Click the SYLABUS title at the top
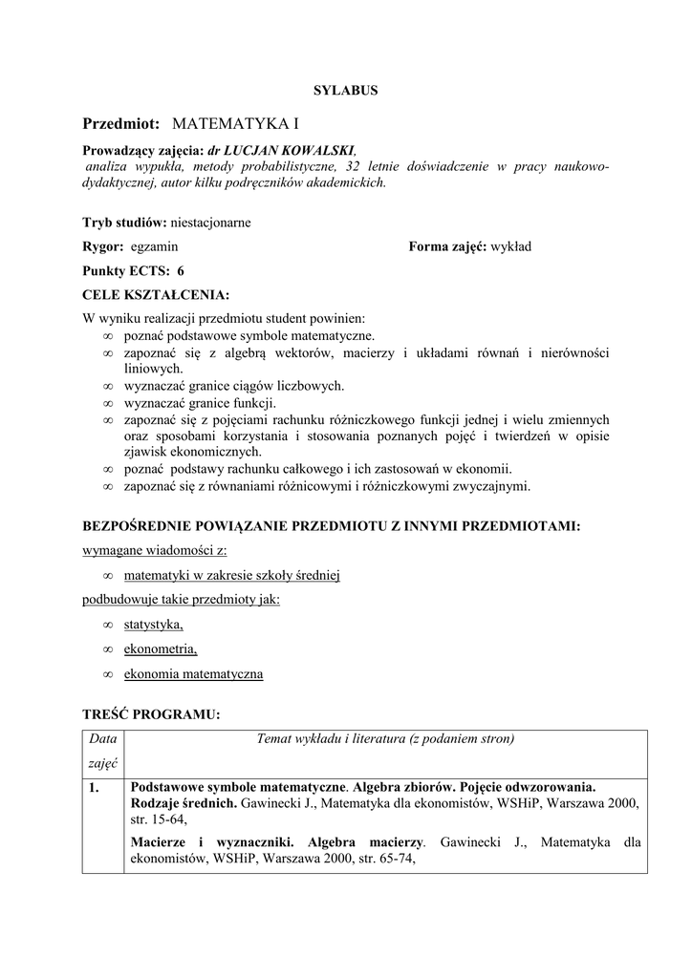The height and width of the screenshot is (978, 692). (x=345, y=91)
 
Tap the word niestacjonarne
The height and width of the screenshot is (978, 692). (x=209, y=223)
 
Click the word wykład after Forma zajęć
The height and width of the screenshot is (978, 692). (x=510, y=246)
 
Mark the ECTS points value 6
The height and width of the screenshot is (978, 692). (x=180, y=271)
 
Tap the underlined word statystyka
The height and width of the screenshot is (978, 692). (x=153, y=625)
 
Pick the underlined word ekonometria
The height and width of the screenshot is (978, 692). (x=160, y=649)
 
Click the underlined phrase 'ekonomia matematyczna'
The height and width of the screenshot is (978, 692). (x=193, y=674)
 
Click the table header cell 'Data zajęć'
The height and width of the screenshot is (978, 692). (x=102, y=751)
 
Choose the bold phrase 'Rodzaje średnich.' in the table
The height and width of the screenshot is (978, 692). (x=184, y=803)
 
